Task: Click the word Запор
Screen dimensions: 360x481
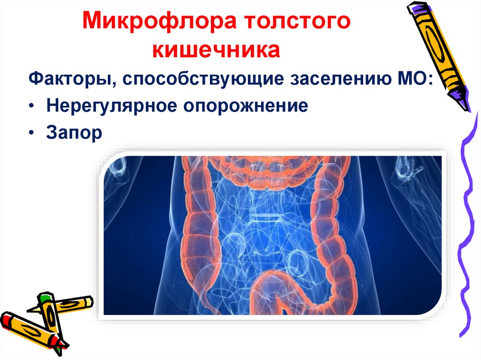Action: click(74, 133)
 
